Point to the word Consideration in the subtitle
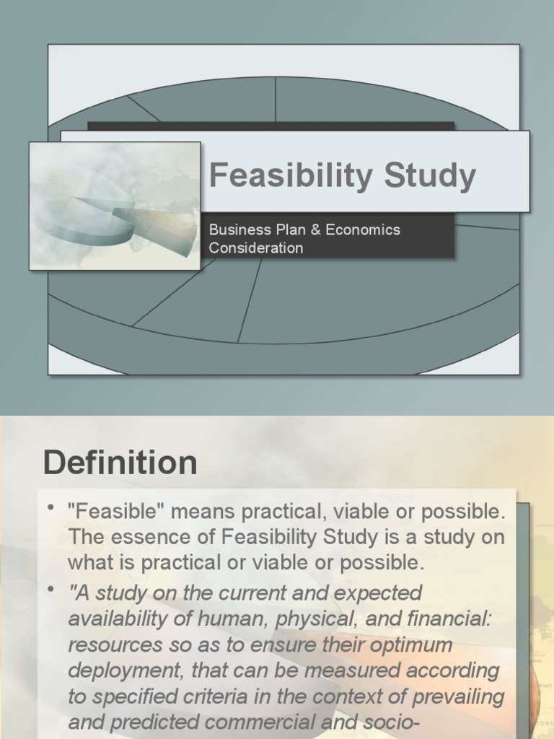click(255, 248)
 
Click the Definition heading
click(120, 463)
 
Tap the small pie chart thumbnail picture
click(115, 206)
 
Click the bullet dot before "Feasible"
click(51, 510)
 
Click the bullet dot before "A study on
click(51, 591)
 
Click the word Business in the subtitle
click(235, 230)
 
